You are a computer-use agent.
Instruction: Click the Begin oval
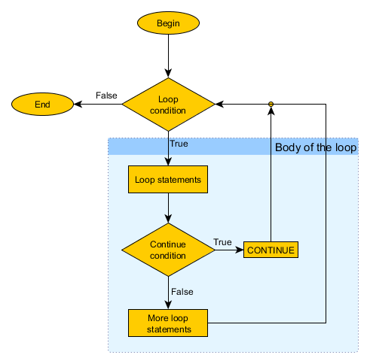click(168, 23)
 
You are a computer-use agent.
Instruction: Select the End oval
click(42, 104)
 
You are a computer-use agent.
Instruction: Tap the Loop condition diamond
click(168, 105)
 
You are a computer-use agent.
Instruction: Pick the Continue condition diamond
click(168, 250)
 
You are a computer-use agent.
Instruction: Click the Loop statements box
click(168, 179)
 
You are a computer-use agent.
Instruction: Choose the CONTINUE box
click(271, 250)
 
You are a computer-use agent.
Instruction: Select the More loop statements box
click(168, 323)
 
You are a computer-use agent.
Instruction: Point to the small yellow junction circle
click(271, 104)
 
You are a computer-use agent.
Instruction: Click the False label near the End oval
click(106, 96)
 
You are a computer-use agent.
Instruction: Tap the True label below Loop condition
click(179, 144)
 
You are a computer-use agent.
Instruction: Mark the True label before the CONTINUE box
click(222, 242)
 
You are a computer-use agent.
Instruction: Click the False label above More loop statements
click(182, 292)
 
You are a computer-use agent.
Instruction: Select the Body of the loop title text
click(316, 147)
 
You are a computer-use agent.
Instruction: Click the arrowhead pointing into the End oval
click(78, 104)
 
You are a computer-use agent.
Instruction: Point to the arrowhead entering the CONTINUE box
click(239, 250)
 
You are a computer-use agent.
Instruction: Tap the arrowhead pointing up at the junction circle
click(271, 111)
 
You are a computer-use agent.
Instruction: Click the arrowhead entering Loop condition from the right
click(219, 104)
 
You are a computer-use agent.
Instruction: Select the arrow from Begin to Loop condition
click(168, 56)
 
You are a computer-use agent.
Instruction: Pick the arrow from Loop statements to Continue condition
click(168, 208)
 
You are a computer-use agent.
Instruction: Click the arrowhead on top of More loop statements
click(168, 305)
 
